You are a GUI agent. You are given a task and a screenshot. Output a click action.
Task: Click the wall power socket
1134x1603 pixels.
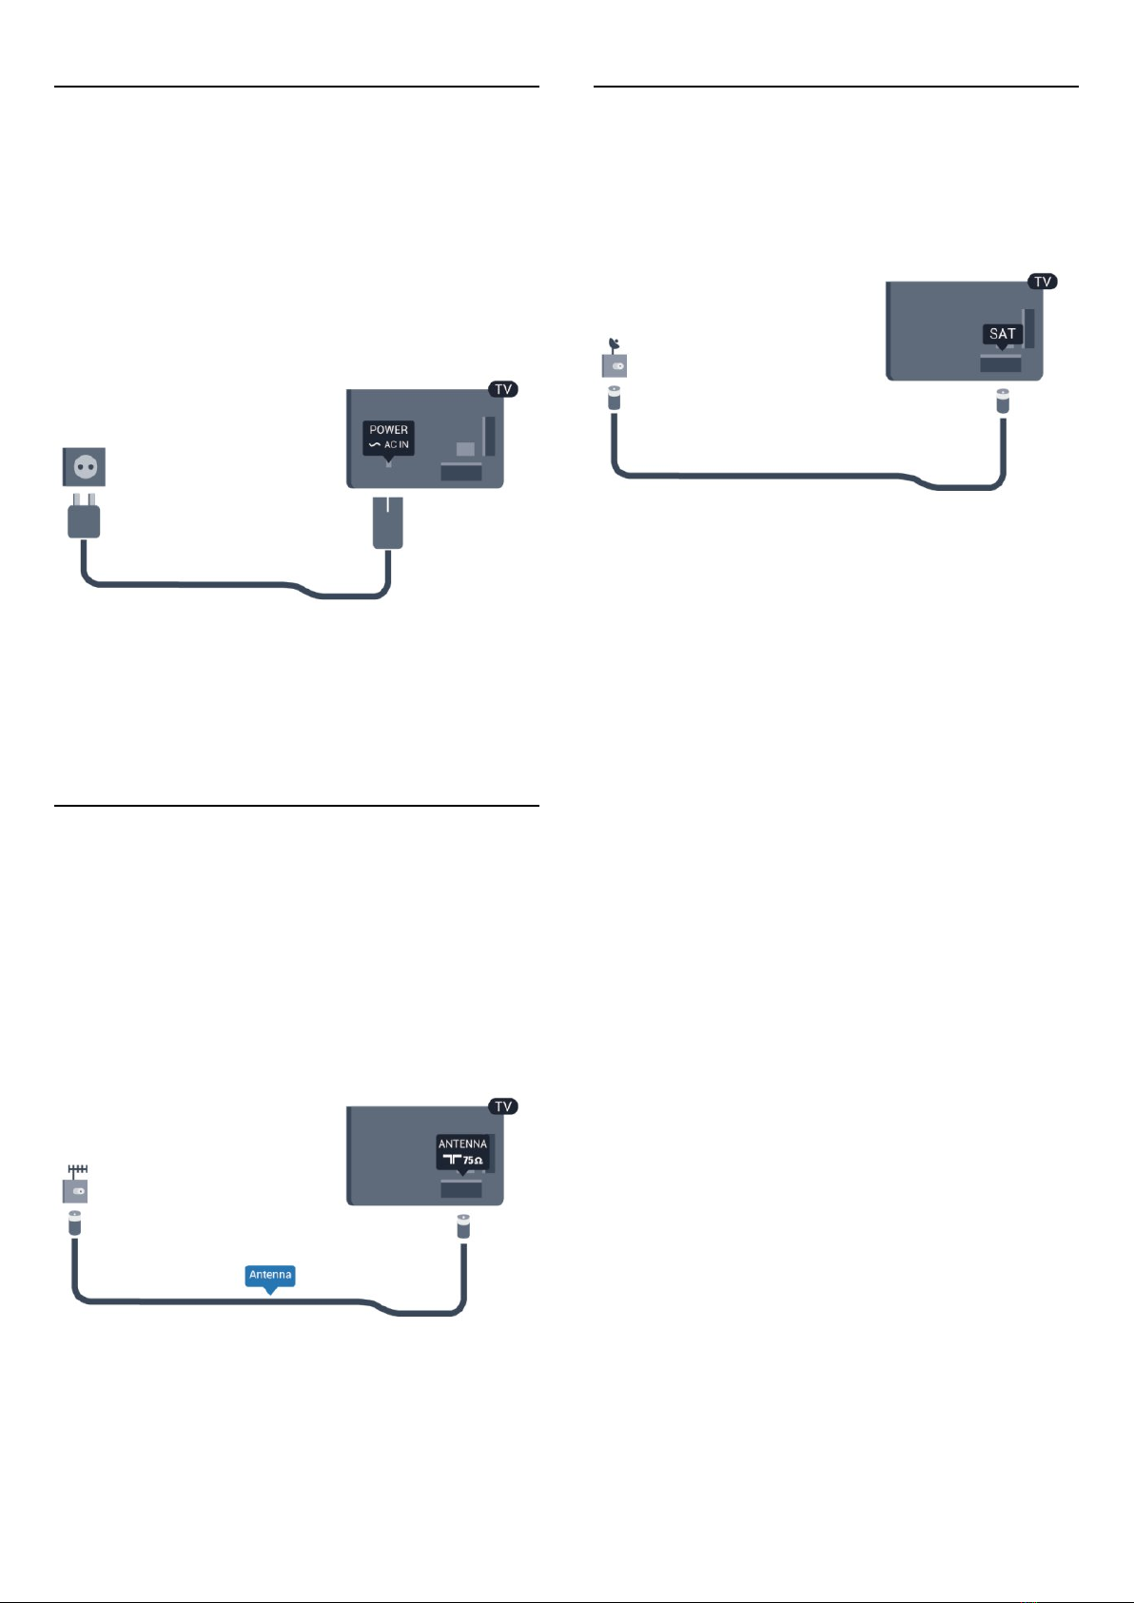coord(84,466)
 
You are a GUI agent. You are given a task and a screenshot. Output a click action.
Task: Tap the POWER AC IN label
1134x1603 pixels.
coord(388,438)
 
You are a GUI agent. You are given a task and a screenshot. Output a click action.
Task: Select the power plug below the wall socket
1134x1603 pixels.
coord(84,516)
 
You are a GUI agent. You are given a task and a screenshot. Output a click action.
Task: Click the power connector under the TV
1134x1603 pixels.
coord(388,523)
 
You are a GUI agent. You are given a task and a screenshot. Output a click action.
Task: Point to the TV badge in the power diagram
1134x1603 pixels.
coord(503,388)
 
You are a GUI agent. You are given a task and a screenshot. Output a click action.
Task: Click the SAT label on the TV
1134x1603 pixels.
coord(1002,335)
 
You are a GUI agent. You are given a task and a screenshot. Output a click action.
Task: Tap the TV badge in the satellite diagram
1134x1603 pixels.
coord(1043,282)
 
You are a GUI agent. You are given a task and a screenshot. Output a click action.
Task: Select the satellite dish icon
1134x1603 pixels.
coord(614,345)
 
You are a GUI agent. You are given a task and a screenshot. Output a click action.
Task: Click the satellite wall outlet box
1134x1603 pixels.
coord(615,365)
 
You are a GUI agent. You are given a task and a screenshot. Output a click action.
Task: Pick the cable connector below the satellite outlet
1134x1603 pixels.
coord(615,398)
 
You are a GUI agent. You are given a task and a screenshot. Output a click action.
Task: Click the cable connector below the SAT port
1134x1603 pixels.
coord(1003,401)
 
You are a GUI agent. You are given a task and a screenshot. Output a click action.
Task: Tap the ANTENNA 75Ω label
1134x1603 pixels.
coord(463,1153)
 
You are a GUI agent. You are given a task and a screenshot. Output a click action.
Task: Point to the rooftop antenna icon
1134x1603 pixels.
coord(77,1171)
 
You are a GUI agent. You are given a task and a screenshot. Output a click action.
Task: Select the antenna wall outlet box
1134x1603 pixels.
coord(75,1191)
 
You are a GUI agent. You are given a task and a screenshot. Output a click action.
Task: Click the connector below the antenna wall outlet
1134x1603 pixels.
coord(75,1223)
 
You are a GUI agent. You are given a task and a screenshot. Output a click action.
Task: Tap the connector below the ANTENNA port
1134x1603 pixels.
coord(463,1226)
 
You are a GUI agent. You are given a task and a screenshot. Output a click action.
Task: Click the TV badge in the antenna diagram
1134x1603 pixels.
coord(503,1106)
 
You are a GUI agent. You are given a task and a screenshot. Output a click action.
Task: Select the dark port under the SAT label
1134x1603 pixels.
coord(1000,365)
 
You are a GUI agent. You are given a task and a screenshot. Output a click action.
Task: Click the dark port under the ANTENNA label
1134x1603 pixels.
coord(461,1190)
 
